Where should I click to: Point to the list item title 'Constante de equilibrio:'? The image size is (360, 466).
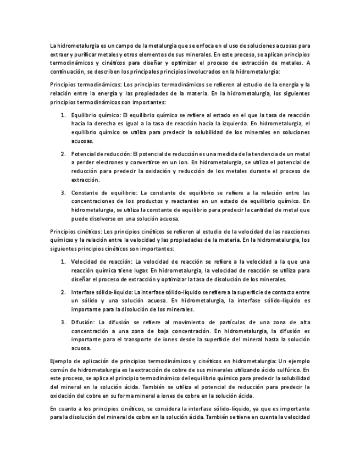coord(104,192)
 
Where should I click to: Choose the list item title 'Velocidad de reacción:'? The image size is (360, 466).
coord(102,262)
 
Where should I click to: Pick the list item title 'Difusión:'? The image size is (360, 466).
coord(82,321)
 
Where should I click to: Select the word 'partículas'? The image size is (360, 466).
coord(236,321)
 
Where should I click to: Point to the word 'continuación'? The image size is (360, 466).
coord(68,71)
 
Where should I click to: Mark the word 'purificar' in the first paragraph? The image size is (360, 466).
coord(87,55)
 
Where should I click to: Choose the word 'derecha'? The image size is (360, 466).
coord(99,124)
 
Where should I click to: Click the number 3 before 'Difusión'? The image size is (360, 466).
coord(63,321)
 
